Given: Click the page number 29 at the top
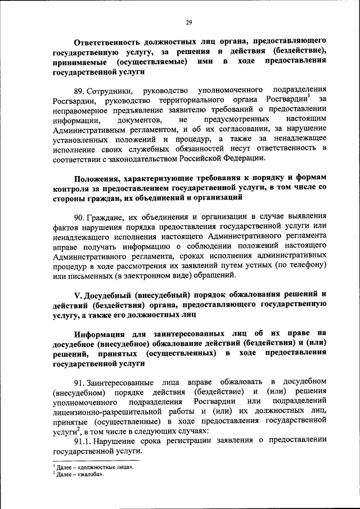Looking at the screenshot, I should click(x=189, y=22).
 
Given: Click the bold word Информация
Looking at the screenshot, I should click(x=105, y=334).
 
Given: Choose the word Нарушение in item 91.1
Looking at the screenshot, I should click(x=116, y=442).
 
